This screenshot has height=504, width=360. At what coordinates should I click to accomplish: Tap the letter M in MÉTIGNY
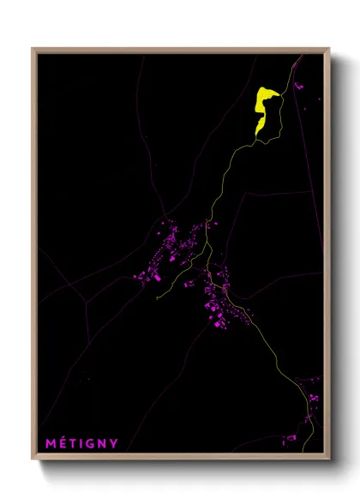point(50,443)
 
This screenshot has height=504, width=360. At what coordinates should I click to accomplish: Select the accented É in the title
point(62,443)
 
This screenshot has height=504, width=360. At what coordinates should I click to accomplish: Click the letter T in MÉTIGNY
point(72,443)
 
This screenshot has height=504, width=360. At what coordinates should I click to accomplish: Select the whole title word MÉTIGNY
point(81,443)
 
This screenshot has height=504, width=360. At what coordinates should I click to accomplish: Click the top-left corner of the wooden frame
point(33,49)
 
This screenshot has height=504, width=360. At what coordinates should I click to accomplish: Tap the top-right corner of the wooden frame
point(329,49)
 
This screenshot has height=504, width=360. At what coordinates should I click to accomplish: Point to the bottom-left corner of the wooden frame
point(33,459)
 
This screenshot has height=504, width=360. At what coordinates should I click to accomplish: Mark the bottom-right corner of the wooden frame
point(329,459)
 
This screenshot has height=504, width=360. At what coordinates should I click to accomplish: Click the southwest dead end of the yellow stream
point(157,298)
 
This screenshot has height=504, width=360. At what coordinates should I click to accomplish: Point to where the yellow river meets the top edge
point(301,56)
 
